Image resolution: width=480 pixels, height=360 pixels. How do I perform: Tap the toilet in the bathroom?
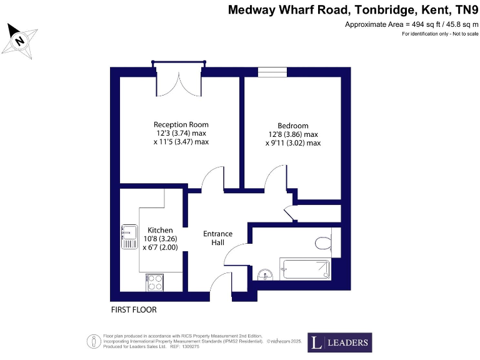pyautogui.click(x=322, y=243)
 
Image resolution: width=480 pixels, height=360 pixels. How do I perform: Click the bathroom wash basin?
pyautogui.click(x=264, y=274)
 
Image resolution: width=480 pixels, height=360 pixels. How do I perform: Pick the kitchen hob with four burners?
pyautogui.click(x=154, y=282)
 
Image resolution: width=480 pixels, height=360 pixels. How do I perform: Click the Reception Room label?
pyautogui.click(x=181, y=124)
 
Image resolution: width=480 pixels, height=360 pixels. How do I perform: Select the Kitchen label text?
pyautogui.click(x=160, y=230)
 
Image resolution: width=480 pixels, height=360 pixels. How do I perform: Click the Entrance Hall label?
pyautogui.click(x=218, y=238)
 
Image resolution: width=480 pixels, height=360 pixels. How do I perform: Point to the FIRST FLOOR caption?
pyautogui.click(x=134, y=310)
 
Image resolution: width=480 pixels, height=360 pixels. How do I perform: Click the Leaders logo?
pyautogui.click(x=339, y=342)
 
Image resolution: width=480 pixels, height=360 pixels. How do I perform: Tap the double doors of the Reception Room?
pyautogui.click(x=179, y=79)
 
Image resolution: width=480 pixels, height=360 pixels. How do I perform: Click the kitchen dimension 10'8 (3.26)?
pyautogui.click(x=161, y=239)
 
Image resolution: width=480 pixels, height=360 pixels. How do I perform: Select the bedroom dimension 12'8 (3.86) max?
pyautogui.click(x=292, y=134)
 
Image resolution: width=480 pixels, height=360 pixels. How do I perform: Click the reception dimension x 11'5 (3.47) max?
pyautogui.click(x=181, y=142)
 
